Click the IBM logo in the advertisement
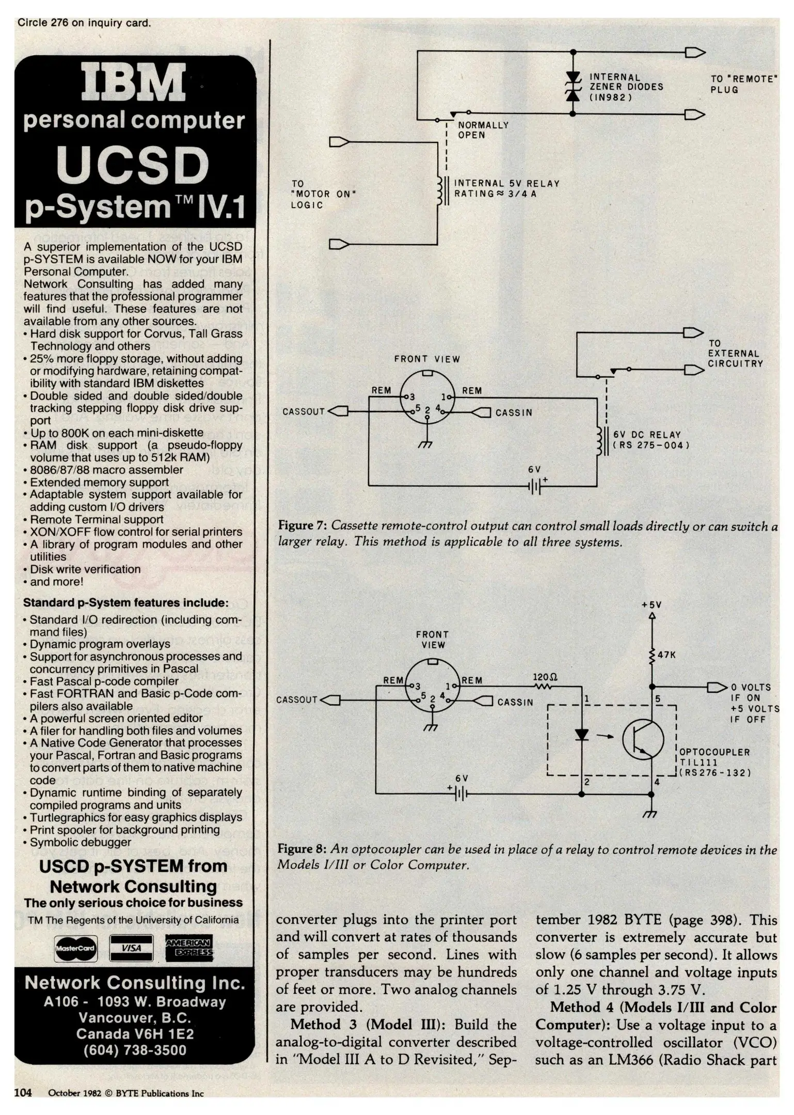point(135,83)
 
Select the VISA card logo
point(132,948)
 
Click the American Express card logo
point(188,948)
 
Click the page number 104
point(23,1092)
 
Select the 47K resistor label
point(666,655)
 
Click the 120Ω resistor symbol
point(544,686)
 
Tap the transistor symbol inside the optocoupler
point(643,739)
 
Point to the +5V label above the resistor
point(652,604)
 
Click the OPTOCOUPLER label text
point(714,752)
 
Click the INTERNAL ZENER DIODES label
point(626,87)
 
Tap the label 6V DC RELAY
point(647,435)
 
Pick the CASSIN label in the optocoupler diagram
point(515,702)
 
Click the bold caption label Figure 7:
point(303,526)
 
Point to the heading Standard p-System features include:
point(126,602)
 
